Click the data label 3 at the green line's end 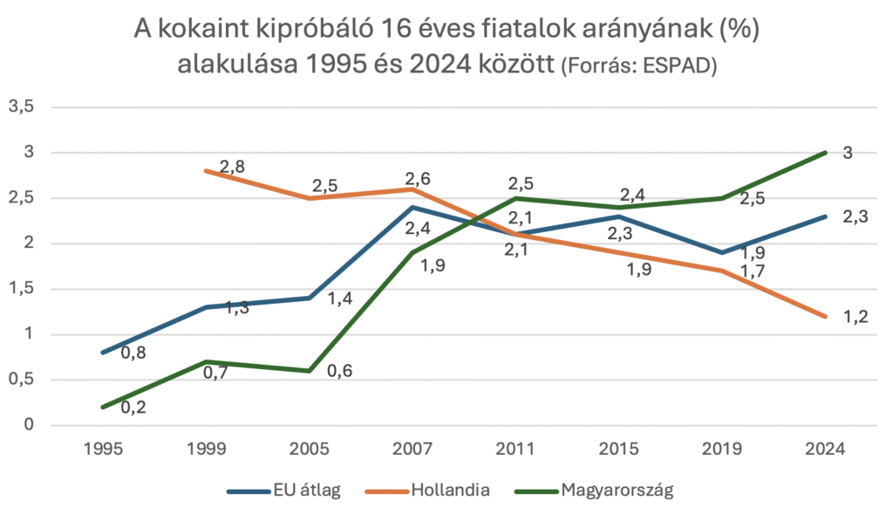[847, 153]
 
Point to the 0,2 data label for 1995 [133, 407]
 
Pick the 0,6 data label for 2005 [339, 370]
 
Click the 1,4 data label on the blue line [339, 299]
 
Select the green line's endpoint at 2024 [825, 153]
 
